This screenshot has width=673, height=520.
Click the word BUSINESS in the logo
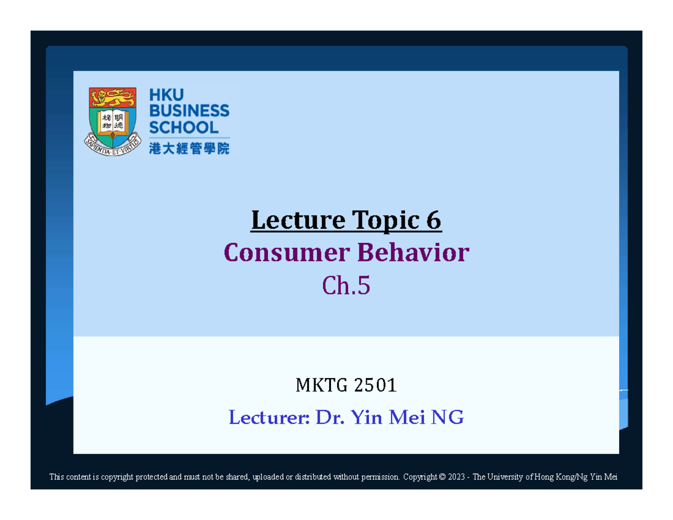click(x=189, y=111)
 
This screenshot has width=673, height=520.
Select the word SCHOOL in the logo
click(x=183, y=127)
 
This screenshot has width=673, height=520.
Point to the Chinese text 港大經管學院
click(x=189, y=148)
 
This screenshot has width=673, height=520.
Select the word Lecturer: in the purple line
click(x=269, y=418)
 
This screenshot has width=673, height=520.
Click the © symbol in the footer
click(x=442, y=477)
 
